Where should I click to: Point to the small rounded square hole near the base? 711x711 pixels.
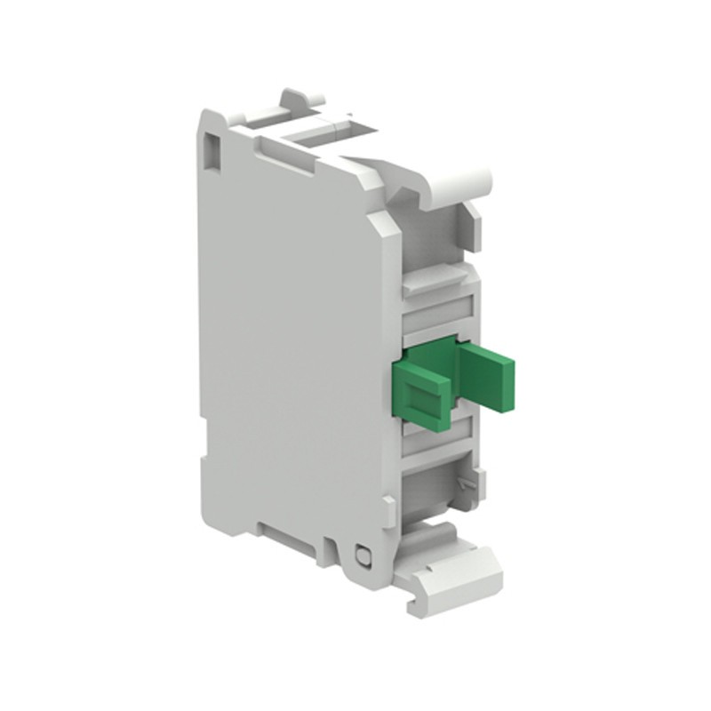click(363, 556)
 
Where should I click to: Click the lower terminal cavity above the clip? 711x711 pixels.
click(435, 484)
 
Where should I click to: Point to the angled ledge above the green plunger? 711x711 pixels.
click(435, 284)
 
